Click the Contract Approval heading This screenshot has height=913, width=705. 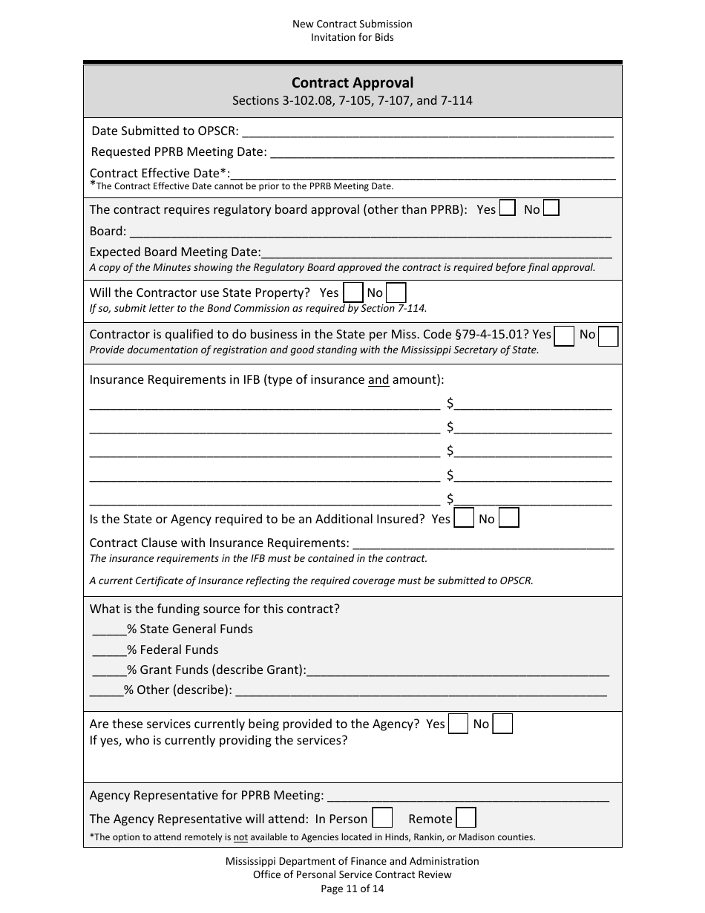(352, 83)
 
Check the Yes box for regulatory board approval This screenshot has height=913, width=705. (508, 209)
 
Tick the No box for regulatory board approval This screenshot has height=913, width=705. (551, 209)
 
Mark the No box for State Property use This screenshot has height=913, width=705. (396, 292)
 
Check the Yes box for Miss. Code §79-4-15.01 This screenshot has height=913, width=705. (565, 336)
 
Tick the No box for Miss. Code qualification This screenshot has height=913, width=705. (609, 336)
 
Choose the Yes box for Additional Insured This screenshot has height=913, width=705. (464, 517)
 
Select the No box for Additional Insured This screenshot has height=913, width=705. (508, 517)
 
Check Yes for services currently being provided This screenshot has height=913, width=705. (459, 723)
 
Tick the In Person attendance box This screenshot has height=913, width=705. (382, 818)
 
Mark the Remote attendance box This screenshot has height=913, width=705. (466, 818)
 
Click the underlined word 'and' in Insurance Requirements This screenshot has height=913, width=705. (378, 380)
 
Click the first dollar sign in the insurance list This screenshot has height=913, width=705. (450, 404)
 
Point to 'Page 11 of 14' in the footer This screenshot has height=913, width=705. (352, 888)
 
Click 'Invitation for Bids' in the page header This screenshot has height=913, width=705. (352, 37)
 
